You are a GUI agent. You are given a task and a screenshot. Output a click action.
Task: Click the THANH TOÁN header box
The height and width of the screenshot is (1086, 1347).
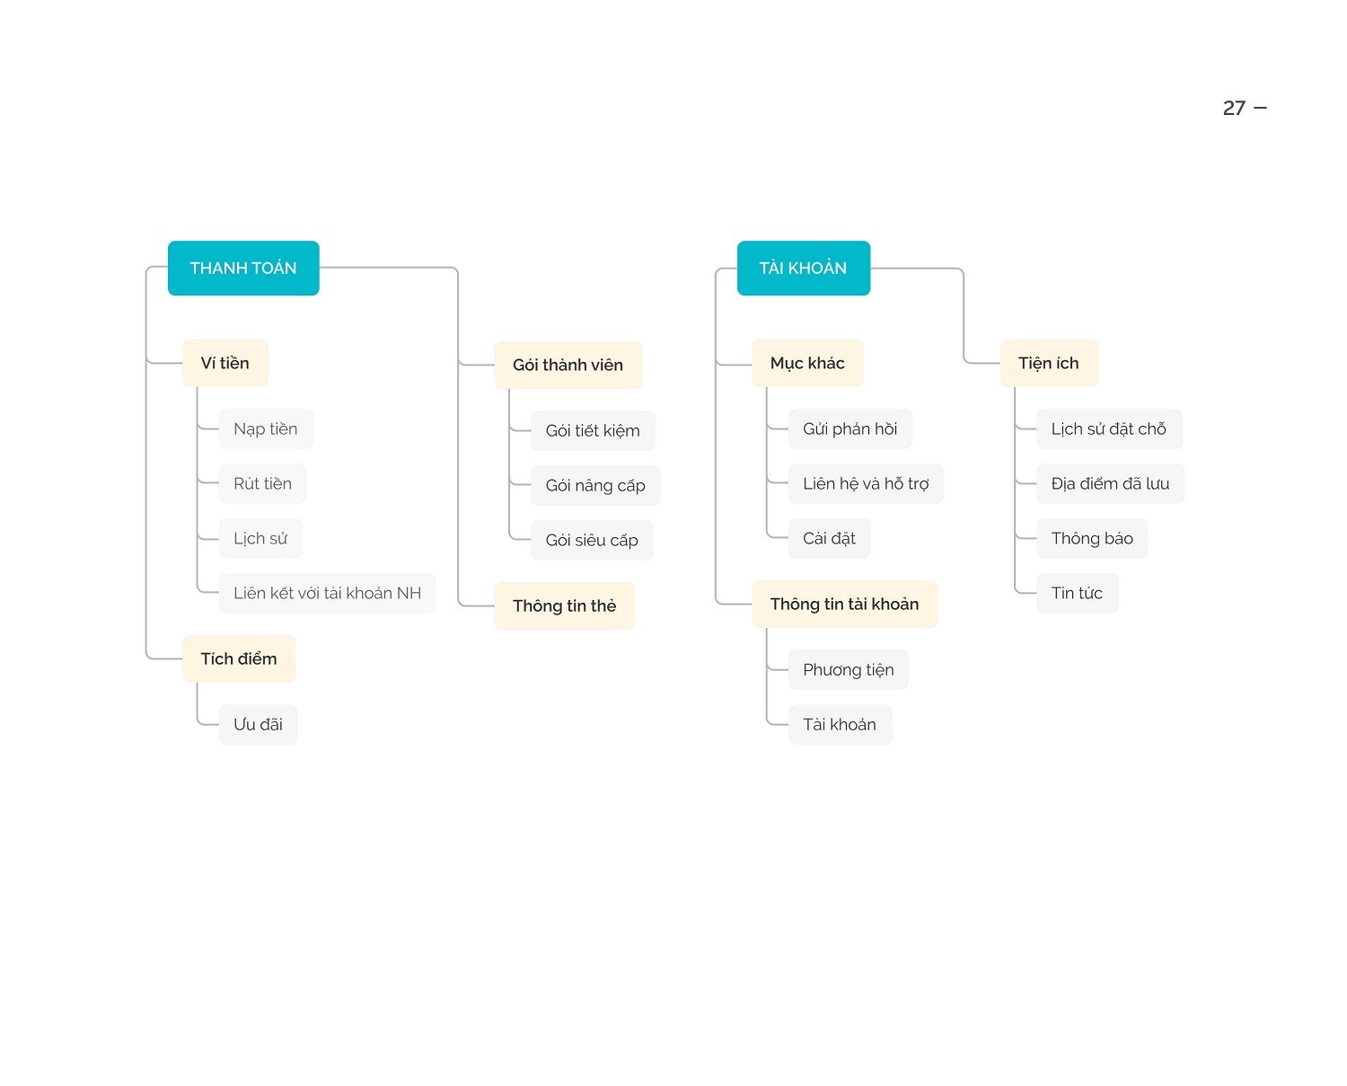[243, 268]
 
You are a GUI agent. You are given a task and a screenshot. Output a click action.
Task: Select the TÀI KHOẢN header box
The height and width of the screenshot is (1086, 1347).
[803, 268]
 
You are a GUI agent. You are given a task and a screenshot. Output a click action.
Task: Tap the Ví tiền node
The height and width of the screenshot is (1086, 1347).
[225, 363]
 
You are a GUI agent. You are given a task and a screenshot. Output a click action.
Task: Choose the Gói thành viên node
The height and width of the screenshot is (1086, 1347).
[568, 365]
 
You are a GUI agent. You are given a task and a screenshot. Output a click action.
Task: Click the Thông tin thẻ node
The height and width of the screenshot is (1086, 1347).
[565, 605]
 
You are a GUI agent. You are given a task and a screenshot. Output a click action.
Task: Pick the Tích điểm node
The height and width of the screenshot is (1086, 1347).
[239, 658]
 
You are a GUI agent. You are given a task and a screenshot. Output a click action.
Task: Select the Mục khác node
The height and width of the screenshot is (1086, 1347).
[807, 363]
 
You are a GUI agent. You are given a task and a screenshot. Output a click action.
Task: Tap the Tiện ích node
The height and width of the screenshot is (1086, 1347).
[1049, 363]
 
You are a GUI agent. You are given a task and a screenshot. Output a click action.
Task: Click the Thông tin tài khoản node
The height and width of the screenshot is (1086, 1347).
[844, 604]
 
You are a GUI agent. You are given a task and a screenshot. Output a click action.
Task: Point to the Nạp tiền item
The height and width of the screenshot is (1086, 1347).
[266, 429]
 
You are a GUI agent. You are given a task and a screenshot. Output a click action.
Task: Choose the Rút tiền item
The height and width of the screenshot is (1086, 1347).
[263, 483]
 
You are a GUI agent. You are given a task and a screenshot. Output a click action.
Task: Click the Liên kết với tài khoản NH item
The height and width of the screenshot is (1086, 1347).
[328, 593]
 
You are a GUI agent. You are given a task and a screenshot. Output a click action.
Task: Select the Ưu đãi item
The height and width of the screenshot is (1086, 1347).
[258, 725]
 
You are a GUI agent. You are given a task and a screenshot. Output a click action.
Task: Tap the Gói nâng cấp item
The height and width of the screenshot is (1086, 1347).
[595, 485]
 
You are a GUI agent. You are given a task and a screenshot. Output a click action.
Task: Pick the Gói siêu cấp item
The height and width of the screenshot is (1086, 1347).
[592, 540]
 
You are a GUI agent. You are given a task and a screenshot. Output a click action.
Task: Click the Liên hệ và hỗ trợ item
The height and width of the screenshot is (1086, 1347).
[866, 483]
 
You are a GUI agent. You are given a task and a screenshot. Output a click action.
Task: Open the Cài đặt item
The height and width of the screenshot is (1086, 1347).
[830, 539]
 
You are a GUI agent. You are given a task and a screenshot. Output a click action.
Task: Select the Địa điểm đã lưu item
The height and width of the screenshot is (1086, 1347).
[1111, 483]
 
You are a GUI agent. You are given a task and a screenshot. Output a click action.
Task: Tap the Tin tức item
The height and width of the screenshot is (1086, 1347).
[1078, 593]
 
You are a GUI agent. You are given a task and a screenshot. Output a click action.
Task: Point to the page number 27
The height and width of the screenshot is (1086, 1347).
[1234, 109]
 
